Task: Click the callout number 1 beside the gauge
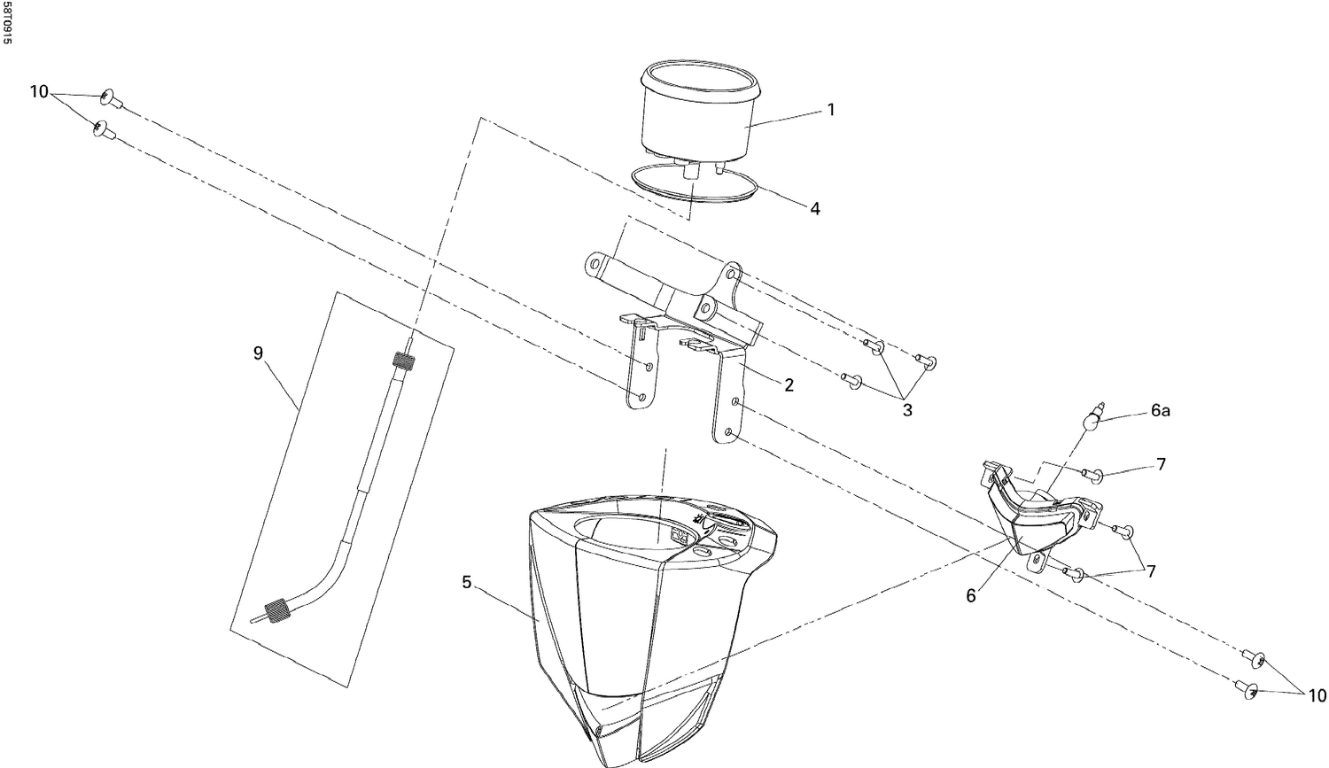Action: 830,110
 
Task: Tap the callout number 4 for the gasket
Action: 814,209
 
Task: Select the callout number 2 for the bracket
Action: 788,385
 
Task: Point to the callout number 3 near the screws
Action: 906,411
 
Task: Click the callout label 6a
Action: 1161,411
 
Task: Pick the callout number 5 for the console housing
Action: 466,582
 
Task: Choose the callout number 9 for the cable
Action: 258,353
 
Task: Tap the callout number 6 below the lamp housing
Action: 971,597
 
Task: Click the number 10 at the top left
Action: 39,91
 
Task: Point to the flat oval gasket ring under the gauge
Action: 693,187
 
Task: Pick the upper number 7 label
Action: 1160,464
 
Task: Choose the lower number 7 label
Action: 1150,571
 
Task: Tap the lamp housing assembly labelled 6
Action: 1037,514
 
